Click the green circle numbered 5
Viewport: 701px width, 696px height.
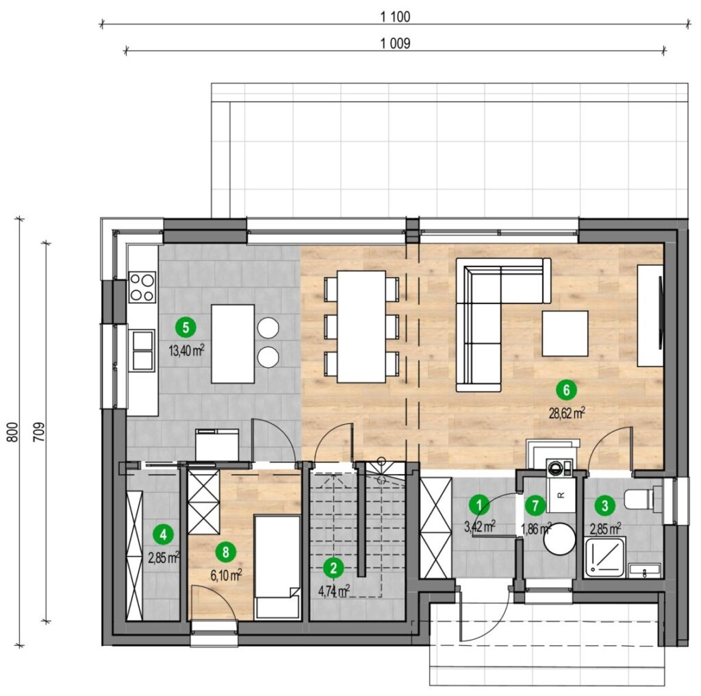coord(186,327)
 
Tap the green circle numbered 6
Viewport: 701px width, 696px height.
coord(566,390)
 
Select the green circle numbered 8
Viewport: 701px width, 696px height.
coord(225,552)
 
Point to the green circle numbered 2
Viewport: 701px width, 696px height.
coord(333,568)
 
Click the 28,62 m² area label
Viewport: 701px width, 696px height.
coord(567,413)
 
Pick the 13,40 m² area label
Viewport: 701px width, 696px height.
coord(186,350)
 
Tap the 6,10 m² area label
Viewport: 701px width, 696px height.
coord(226,575)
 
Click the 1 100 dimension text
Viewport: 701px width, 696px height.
coord(395,17)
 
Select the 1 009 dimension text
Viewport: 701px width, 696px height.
coord(395,43)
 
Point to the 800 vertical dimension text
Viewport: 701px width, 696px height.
coord(14,432)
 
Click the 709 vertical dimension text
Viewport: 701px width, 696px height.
coord(39,432)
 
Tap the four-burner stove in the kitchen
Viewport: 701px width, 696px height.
coord(142,287)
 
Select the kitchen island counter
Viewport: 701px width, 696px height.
coord(233,343)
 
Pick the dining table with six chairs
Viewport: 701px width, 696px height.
coord(361,327)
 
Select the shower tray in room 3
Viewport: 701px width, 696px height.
coord(604,557)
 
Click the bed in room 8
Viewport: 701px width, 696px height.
coord(277,567)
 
